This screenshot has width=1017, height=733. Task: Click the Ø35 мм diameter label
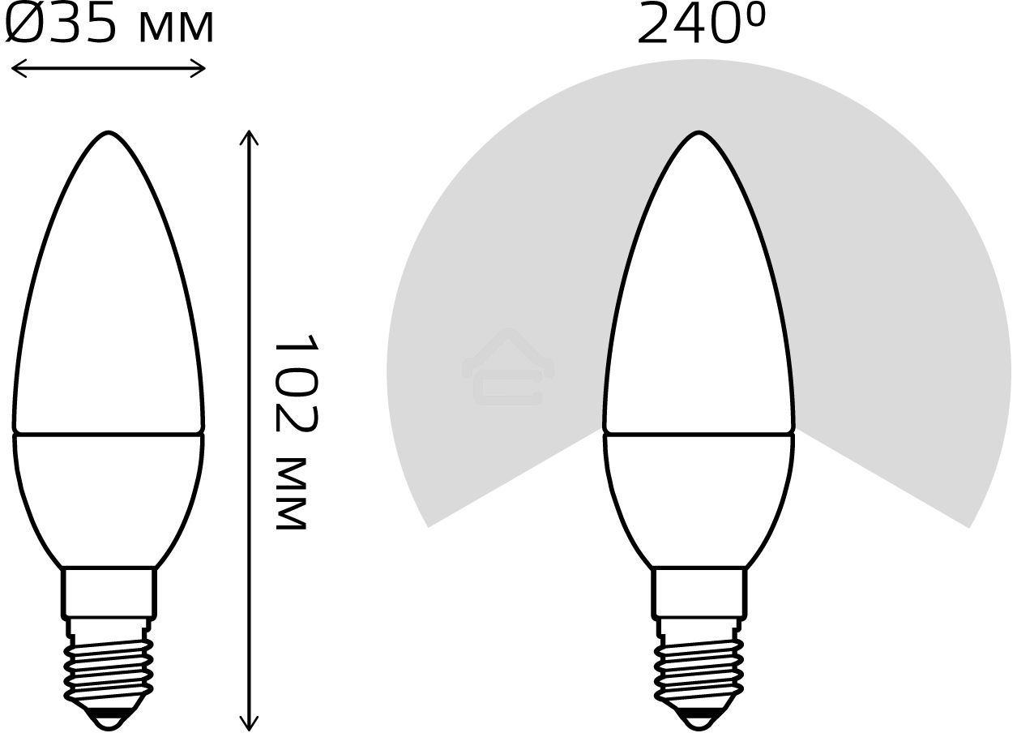(x=109, y=26)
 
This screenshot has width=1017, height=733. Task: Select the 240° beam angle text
(x=701, y=24)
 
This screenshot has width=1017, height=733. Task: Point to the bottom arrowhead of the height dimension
(x=249, y=723)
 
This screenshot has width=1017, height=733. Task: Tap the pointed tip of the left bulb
(x=109, y=134)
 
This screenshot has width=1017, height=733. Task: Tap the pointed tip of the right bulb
(x=699, y=134)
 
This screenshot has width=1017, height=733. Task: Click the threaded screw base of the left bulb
(x=109, y=665)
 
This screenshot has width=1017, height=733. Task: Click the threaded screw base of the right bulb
(x=699, y=665)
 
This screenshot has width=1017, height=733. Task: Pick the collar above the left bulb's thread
(x=109, y=592)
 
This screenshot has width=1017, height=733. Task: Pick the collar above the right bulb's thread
(x=699, y=592)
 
